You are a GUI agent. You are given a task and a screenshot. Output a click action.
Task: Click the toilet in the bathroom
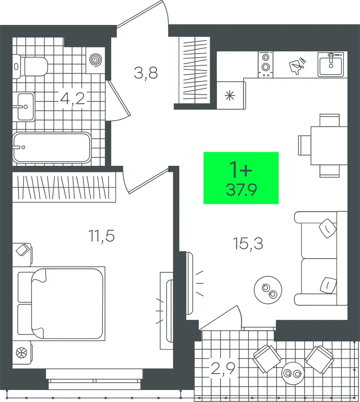(31, 67)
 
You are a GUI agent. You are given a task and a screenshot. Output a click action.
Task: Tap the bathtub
(52, 148)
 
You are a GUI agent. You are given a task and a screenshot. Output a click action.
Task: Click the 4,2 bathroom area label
(72, 98)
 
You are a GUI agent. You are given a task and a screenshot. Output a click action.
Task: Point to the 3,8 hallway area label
(146, 73)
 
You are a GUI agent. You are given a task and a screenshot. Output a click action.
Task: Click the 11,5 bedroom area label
(102, 236)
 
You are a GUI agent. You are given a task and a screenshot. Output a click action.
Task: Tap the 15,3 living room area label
(248, 244)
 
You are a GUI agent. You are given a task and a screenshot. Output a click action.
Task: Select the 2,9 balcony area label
(223, 368)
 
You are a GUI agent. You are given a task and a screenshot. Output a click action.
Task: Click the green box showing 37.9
(241, 178)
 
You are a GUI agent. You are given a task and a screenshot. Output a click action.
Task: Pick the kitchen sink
(330, 64)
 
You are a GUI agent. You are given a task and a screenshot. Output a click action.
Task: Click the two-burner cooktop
(266, 65)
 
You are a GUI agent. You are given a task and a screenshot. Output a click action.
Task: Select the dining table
(329, 146)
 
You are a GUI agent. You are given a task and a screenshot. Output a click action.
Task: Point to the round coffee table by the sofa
(268, 290)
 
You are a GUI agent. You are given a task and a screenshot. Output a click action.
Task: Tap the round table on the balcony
(293, 373)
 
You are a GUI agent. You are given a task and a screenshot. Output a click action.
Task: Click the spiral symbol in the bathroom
(96, 59)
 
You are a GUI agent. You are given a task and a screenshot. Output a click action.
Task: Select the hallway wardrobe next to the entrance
(195, 70)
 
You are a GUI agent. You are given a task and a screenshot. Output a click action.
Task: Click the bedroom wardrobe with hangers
(64, 187)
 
